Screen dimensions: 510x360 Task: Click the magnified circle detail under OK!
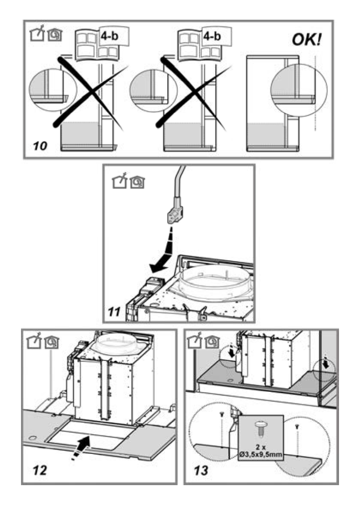[x=299, y=90]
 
